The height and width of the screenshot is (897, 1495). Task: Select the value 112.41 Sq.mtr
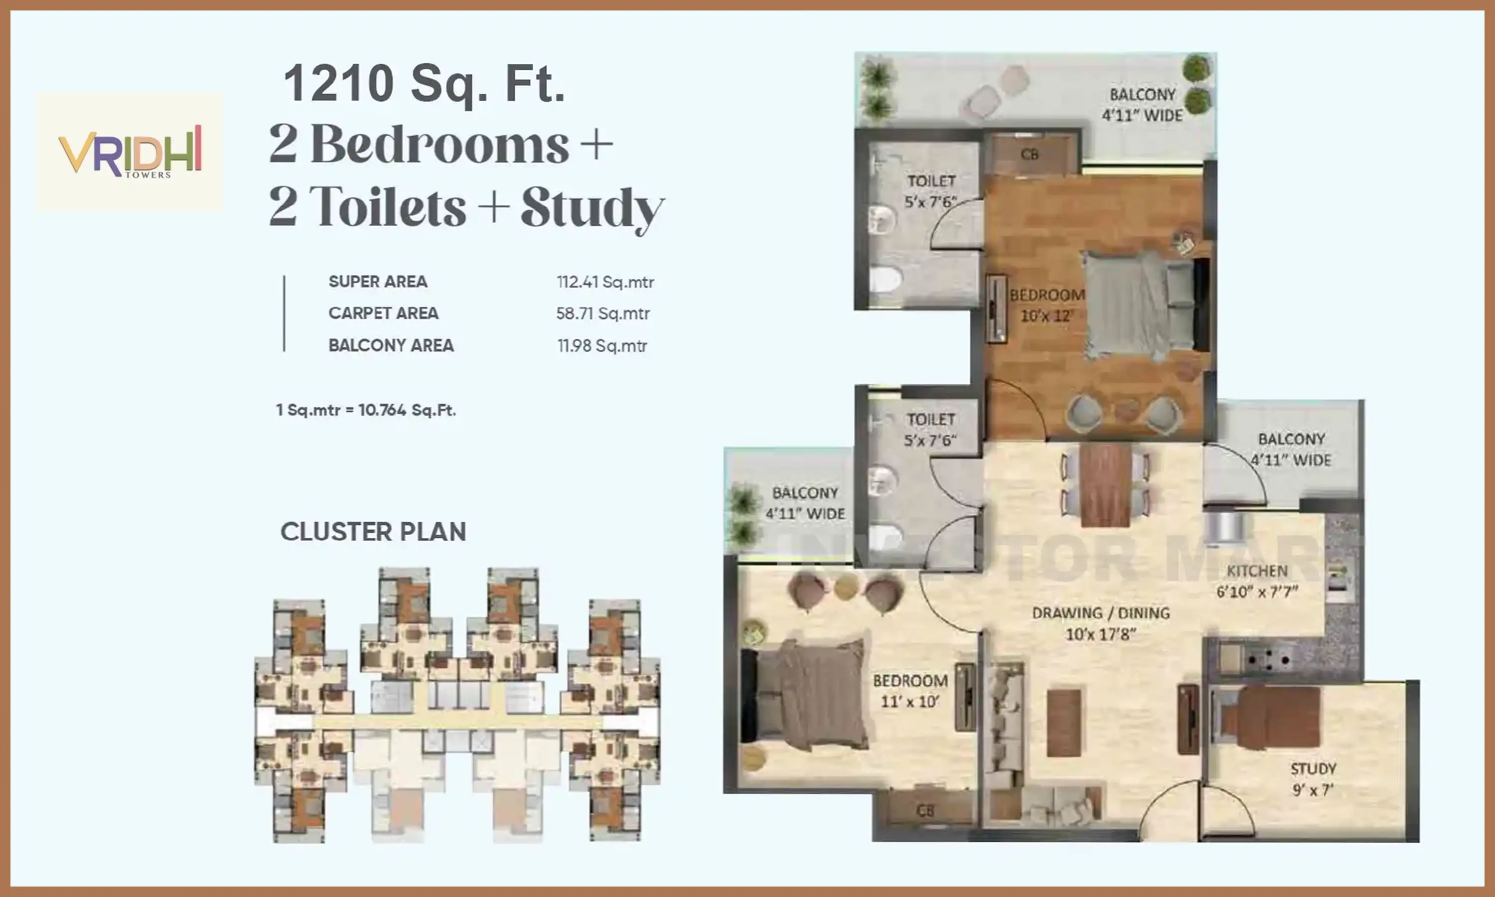pos(605,282)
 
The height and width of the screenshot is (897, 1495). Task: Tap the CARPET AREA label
pos(383,313)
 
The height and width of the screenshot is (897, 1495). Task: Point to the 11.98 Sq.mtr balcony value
pos(602,346)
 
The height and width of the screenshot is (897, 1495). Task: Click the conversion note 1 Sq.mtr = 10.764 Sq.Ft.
pos(366,410)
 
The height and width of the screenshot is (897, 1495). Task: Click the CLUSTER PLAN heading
pos(373,532)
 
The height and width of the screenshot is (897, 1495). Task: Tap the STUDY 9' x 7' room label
pos(1313,779)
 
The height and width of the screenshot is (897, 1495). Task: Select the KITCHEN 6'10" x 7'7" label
pos(1257,581)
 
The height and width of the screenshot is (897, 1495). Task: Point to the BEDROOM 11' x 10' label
pos(910,691)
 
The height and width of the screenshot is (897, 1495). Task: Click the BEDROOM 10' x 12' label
pos(1046,305)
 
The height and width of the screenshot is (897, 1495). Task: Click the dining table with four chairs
pos(1105,485)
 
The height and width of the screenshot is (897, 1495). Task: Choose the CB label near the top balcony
pos(1029,155)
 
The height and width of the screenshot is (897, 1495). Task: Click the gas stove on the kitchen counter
pos(1268,657)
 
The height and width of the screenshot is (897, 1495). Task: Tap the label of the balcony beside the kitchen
pos(1291,449)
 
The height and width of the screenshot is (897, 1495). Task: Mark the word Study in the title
pos(592,207)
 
